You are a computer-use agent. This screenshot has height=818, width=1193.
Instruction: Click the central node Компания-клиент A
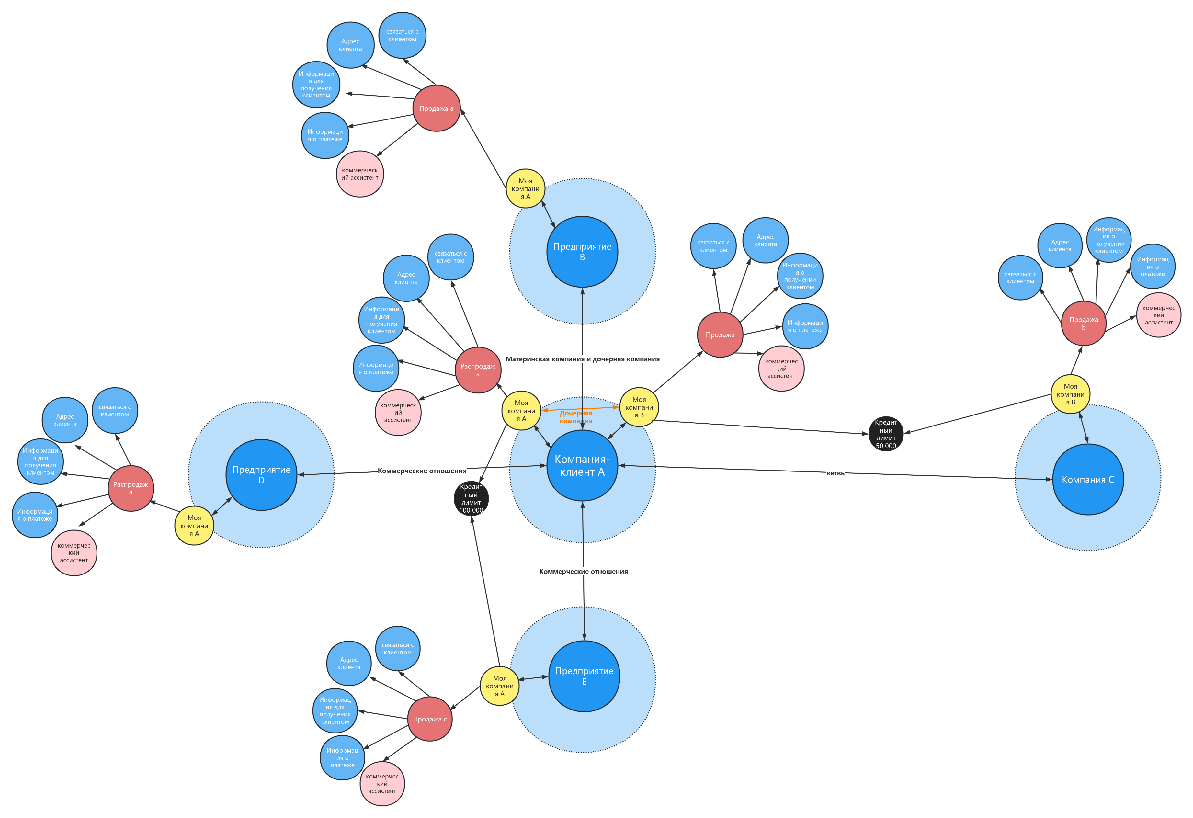pyautogui.click(x=582, y=465)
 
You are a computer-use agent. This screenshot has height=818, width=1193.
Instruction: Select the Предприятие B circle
pyautogui.click(x=582, y=252)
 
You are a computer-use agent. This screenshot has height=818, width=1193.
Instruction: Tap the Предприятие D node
pyautogui.click(x=261, y=475)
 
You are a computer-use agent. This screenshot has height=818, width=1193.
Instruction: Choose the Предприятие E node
pyautogui.click(x=584, y=676)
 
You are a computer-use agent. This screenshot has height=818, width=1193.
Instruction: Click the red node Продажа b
pyautogui.click(x=1084, y=324)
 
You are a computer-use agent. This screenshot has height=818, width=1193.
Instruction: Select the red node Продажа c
pyautogui.click(x=430, y=719)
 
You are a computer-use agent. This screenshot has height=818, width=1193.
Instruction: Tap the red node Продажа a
pyautogui.click(x=436, y=108)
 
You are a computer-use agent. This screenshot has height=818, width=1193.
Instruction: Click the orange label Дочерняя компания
pyautogui.click(x=576, y=417)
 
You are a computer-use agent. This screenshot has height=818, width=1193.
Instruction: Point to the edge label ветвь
pyautogui.click(x=835, y=473)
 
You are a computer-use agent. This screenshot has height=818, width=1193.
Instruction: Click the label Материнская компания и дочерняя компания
pyautogui.click(x=583, y=359)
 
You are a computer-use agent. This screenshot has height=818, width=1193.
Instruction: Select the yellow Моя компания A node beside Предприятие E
pyautogui.click(x=499, y=686)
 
